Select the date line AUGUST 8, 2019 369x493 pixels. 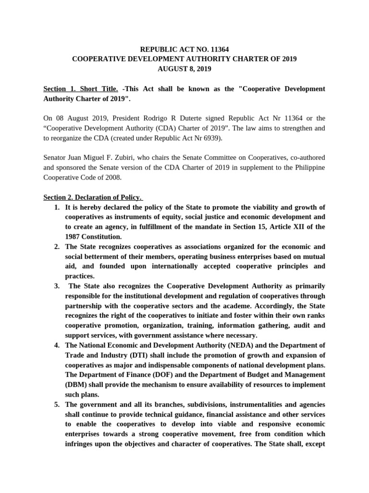184,68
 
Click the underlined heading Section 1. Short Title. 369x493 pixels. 80,89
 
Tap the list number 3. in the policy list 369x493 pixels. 56,286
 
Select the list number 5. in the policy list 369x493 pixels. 56,404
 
